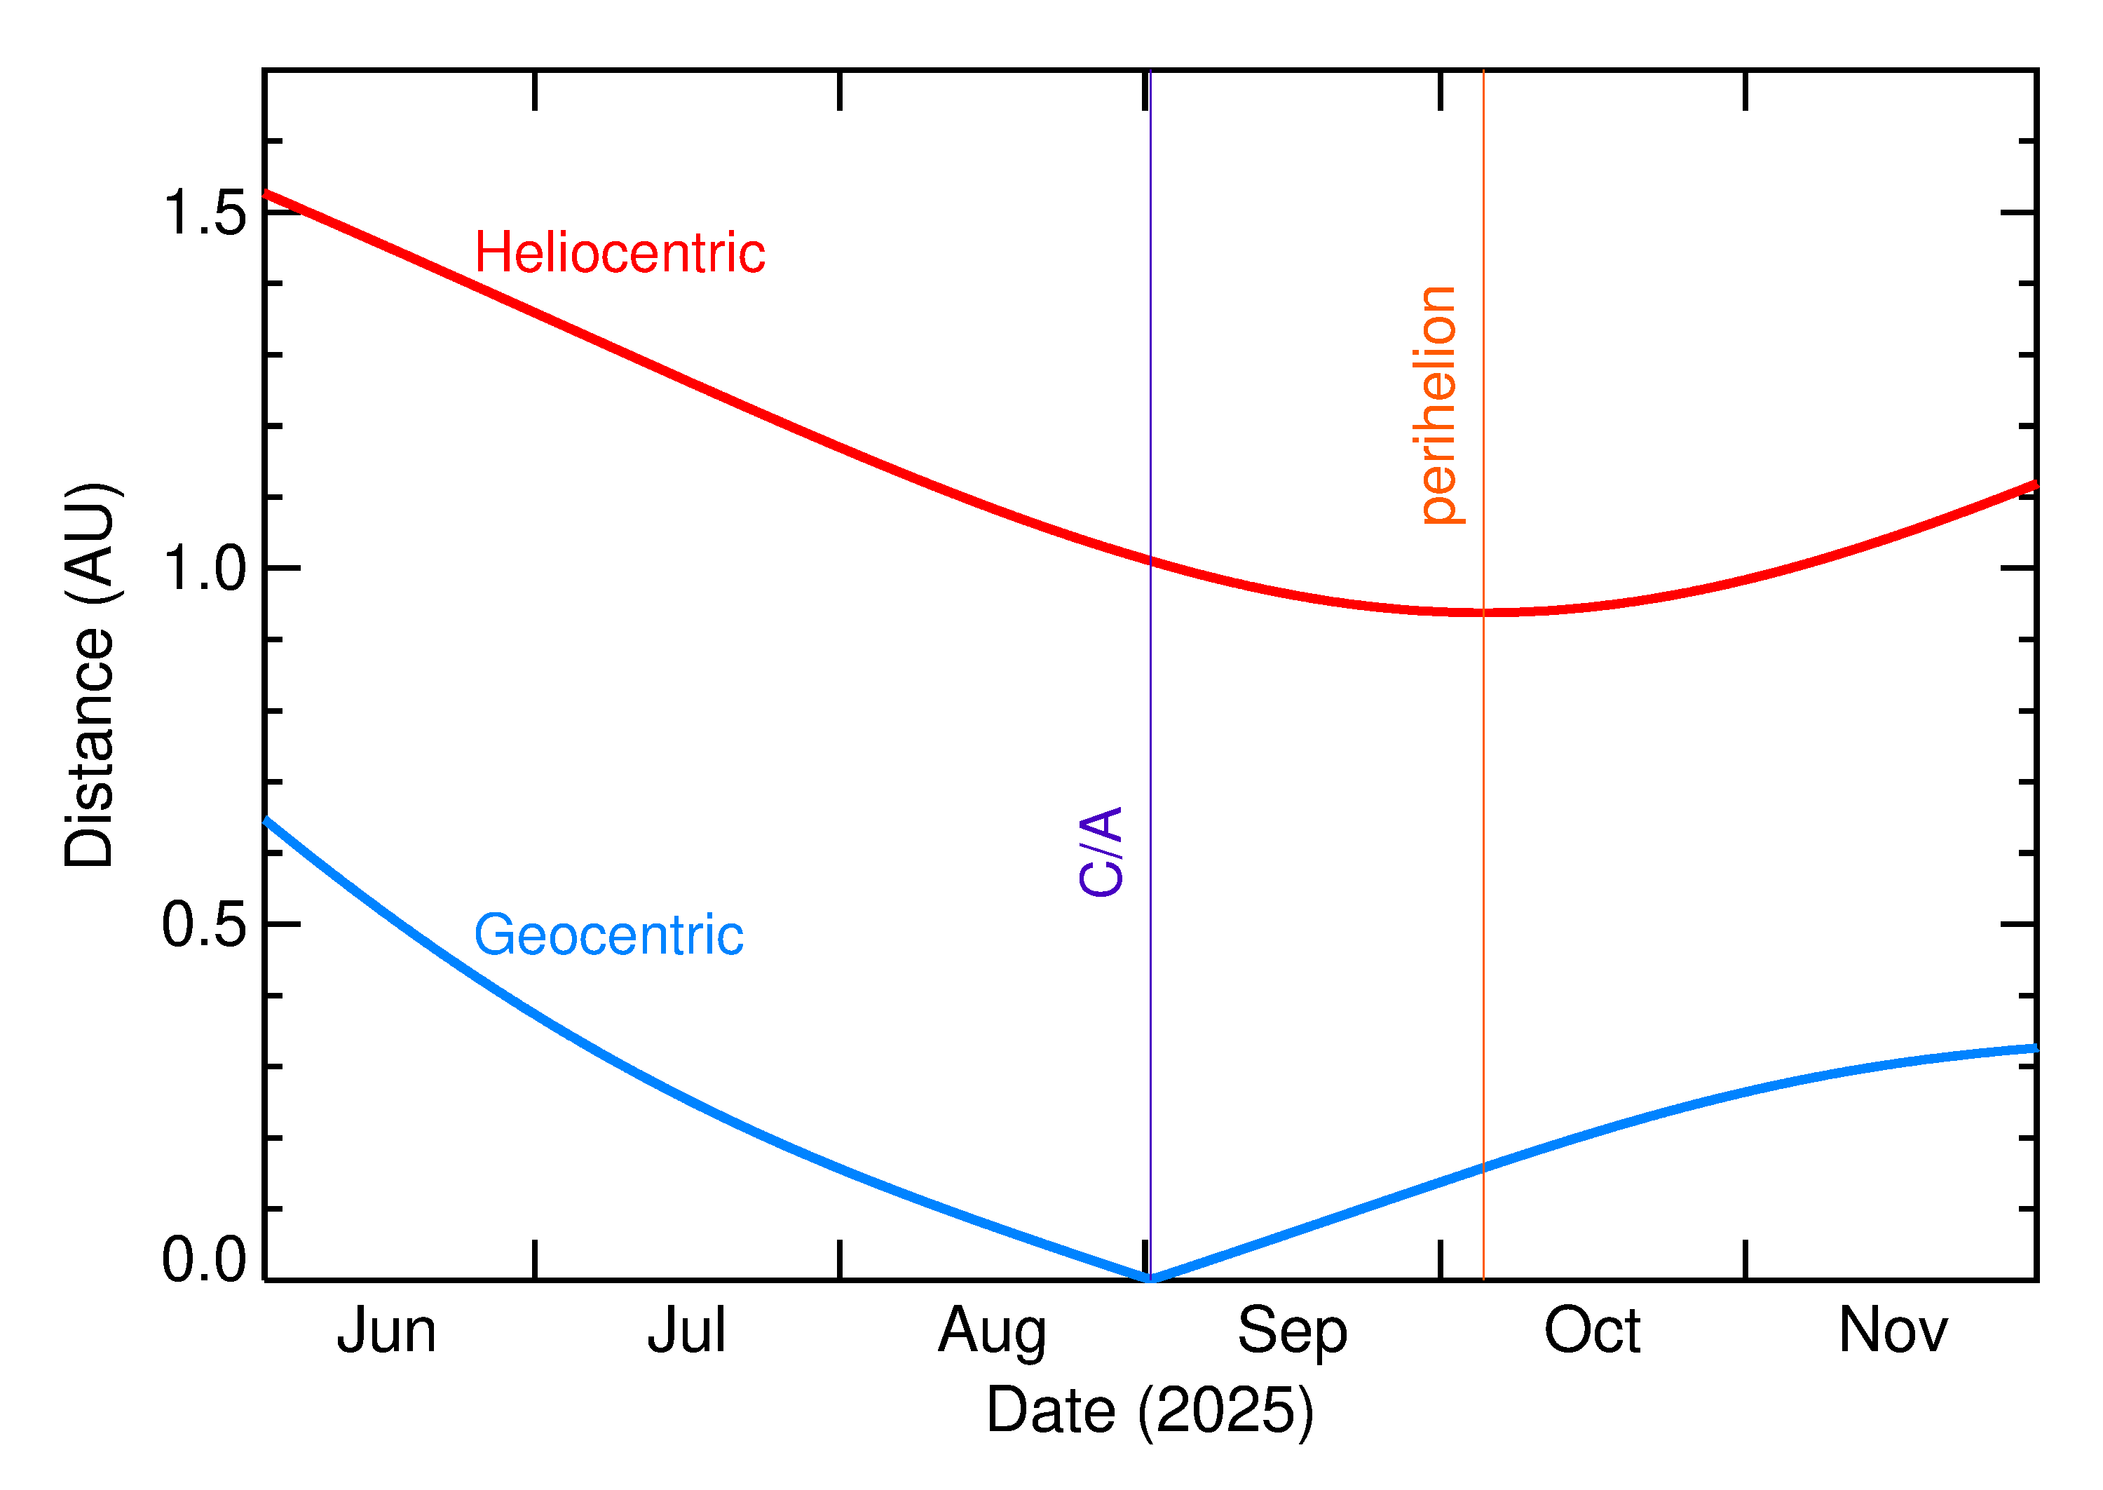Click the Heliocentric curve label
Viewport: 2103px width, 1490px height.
pos(619,253)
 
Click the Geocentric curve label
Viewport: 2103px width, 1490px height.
pos(608,936)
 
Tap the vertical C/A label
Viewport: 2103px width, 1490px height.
pos(1101,851)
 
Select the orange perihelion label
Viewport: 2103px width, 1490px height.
pos(1437,405)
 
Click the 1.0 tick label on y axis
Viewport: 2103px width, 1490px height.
pos(203,569)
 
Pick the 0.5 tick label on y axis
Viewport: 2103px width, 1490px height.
pos(203,924)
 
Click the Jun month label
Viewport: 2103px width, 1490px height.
pos(386,1332)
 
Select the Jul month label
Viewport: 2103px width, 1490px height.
pos(686,1332)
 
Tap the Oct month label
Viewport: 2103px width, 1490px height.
pos(1591,1332)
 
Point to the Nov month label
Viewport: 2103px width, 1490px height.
pos(1892,1332)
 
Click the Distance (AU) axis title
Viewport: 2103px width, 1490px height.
pos(89,675)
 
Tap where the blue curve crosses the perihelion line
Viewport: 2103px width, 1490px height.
pos(1483,1167)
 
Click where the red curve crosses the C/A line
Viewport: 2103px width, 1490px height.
pos(1150,560)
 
